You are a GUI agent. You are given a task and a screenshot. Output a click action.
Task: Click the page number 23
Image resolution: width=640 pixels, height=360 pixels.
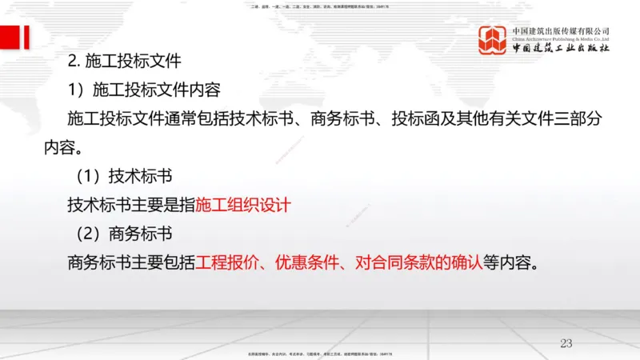[566, 343]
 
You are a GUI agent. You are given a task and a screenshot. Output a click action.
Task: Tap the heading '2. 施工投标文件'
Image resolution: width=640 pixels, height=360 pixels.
[126, 60]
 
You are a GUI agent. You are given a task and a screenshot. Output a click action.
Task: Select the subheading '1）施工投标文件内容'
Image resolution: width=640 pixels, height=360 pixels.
[144, 89]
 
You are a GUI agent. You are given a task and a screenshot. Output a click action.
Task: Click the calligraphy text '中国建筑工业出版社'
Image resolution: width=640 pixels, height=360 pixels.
[561, 48]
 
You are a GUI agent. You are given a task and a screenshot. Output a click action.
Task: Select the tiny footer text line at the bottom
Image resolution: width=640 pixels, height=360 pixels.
[320, 354]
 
